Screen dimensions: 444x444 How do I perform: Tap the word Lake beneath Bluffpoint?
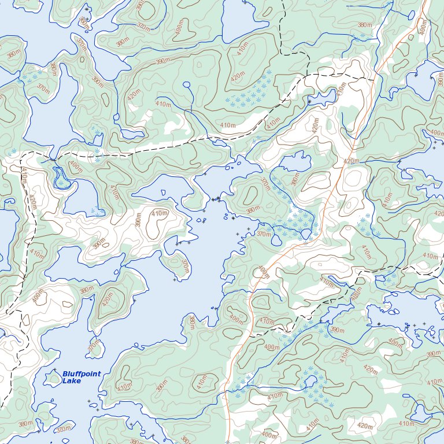tap(72, 381)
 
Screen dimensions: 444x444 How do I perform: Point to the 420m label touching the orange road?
tap(350, 161)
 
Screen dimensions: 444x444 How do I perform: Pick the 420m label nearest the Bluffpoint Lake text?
tap(108, 298)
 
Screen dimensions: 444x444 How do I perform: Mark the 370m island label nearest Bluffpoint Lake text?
tap(94, 346)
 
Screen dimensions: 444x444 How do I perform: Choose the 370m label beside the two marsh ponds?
tap(264, 234)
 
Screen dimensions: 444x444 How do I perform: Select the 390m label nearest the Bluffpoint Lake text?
tap(87, 290)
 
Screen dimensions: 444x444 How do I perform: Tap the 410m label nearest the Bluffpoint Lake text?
tap(124, 386)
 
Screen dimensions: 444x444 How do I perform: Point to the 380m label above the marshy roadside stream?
tap(295, 180)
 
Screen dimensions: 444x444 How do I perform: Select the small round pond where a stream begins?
tap(186, 85)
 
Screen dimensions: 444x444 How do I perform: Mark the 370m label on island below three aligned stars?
tap(184, 266)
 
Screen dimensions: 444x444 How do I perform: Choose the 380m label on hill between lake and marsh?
tap(252, 210)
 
